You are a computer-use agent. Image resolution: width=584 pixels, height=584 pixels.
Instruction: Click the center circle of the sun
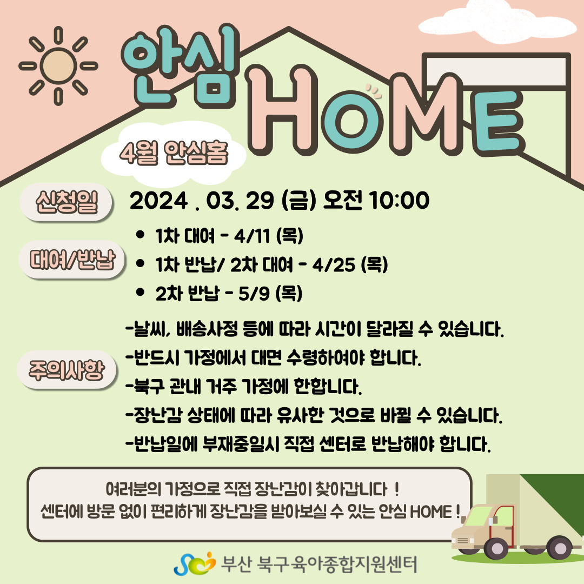[x=58, y=65]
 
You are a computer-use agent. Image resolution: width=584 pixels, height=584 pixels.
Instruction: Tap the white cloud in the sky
[x=497, y=22]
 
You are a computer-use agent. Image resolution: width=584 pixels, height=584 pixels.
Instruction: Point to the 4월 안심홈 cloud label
[x=174, y=154]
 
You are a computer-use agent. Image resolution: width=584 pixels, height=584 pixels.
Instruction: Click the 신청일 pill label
[x=67, y=202]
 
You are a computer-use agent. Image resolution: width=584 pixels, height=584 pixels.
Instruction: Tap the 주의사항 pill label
[x=67, y=370]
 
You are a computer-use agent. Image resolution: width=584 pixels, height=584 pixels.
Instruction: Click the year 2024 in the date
[x=158, y=201]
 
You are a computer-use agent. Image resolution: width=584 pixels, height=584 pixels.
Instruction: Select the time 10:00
[x=399, y=201]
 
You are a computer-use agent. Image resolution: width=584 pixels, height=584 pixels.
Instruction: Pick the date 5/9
[x=254, y=294]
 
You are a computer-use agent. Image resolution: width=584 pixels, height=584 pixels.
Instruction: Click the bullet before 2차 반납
[x=141, y=292]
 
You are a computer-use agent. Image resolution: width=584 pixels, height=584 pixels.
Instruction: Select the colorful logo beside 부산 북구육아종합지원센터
[x=195, y=563]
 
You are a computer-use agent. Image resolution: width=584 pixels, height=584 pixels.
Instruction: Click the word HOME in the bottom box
[x=431, y=512]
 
